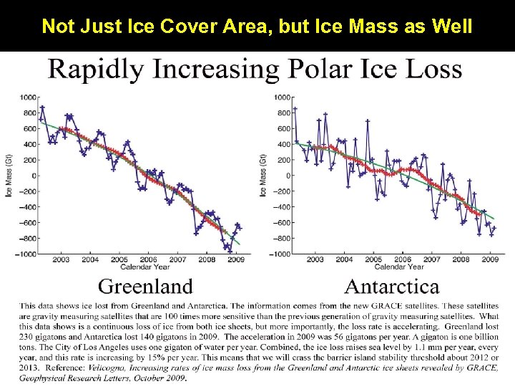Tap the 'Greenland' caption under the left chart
(145, 287)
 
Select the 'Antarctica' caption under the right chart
(391, 287)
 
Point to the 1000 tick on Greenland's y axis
(29, 97)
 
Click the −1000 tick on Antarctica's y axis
(282, 254)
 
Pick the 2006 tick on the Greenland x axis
(148, 260)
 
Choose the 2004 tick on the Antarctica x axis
(344, 259)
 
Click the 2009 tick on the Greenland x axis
(236, 260)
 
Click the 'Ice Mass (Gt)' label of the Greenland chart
(9, 176)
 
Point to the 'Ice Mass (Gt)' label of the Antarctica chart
(263, 176)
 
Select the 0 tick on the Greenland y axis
(34, 176)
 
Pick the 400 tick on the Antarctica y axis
(284, 143)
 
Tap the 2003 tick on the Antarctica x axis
(315, 259)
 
